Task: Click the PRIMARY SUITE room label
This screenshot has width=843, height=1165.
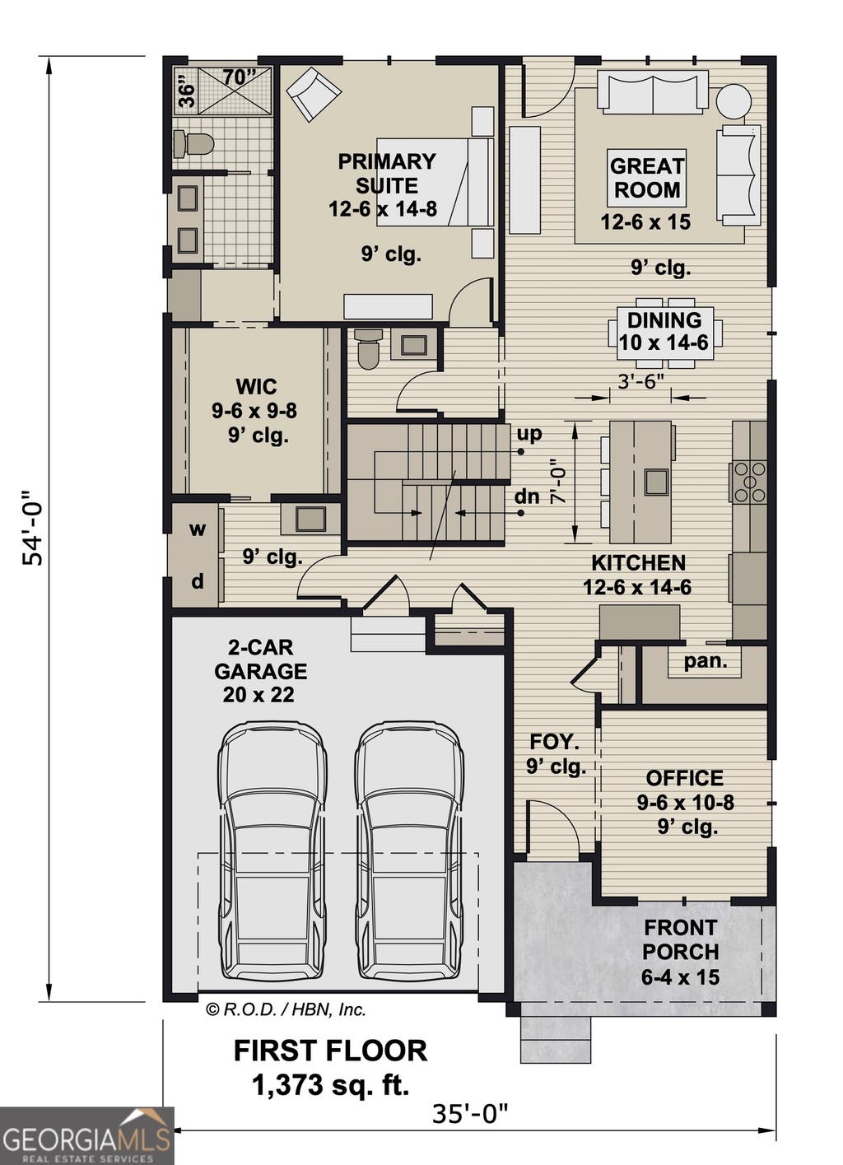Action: [x=386, y=173]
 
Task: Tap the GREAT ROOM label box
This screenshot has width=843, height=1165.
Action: [x=647, y=178]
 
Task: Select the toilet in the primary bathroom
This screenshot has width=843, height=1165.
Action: [x=193, y=144]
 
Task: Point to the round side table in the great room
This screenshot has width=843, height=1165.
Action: [x=734, y=102]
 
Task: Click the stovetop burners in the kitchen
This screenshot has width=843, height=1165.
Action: [x=749, y=482]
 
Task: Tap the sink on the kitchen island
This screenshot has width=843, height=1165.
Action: [x=657, y=482]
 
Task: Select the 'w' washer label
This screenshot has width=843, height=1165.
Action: [x=197, y=529]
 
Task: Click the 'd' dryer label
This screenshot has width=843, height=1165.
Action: [x=197, y=581]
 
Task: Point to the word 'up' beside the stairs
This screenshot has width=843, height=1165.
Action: [x=529, y=435]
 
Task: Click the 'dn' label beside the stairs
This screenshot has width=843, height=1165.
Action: [x=527, y=496]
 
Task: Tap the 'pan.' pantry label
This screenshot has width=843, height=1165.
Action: [x=706, y=662]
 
